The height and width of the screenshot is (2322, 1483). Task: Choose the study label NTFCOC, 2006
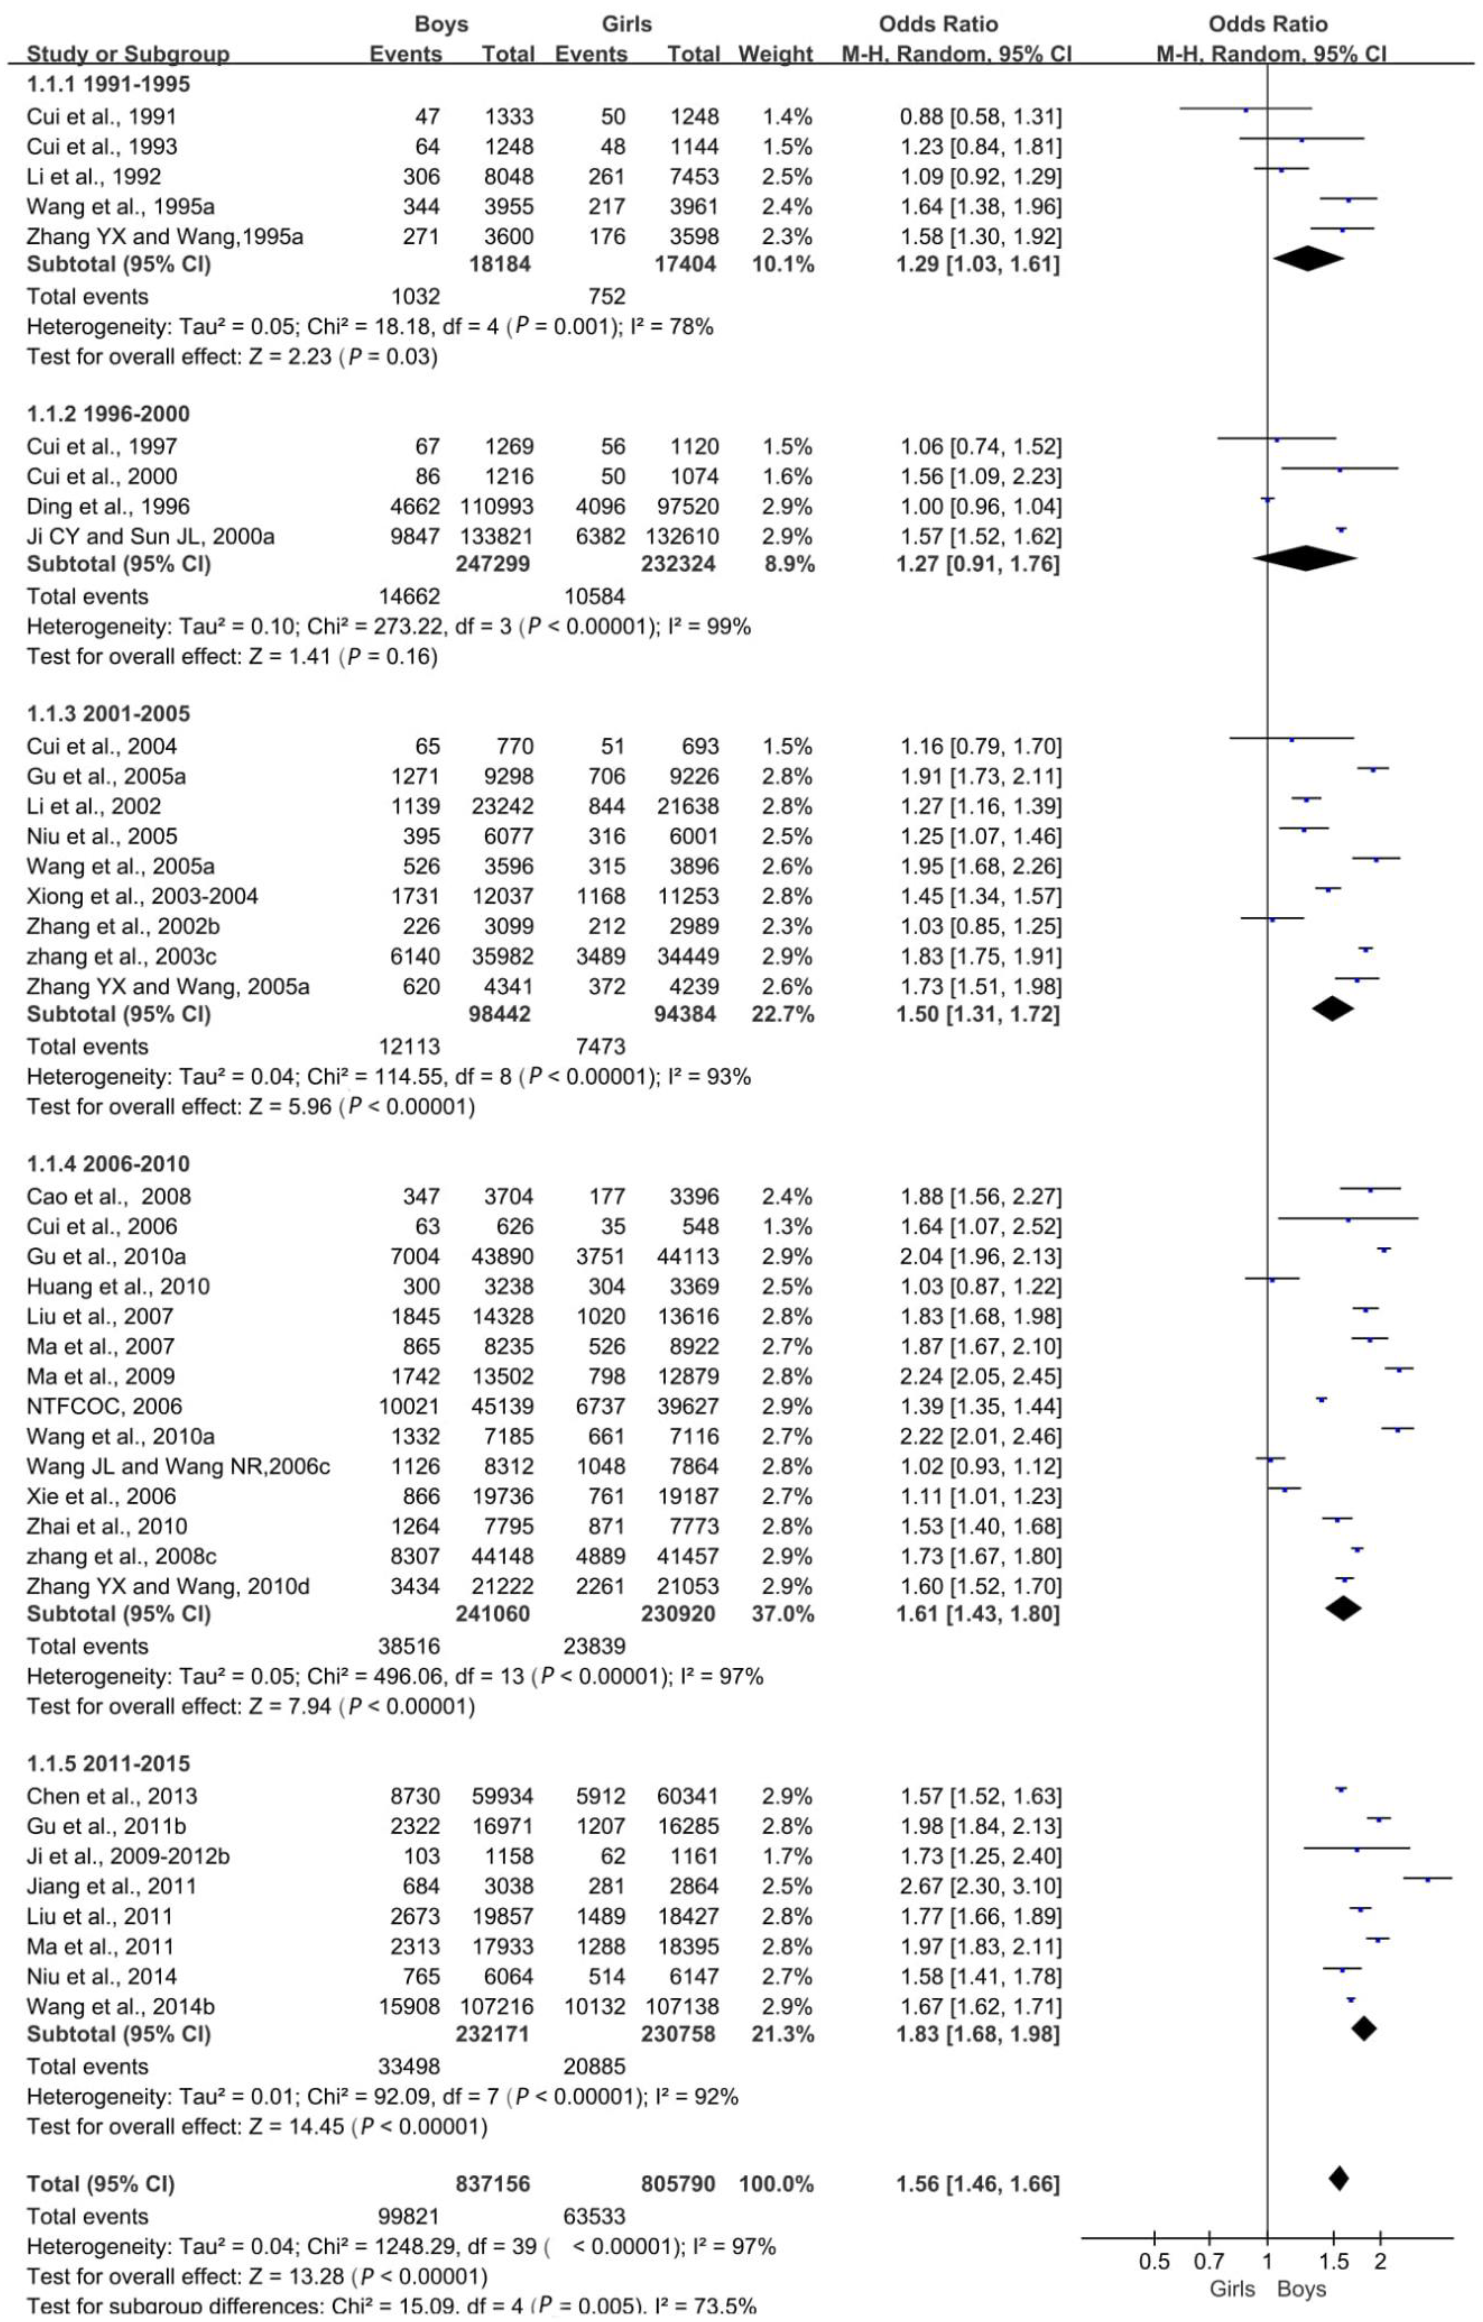tap(104, 1407)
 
